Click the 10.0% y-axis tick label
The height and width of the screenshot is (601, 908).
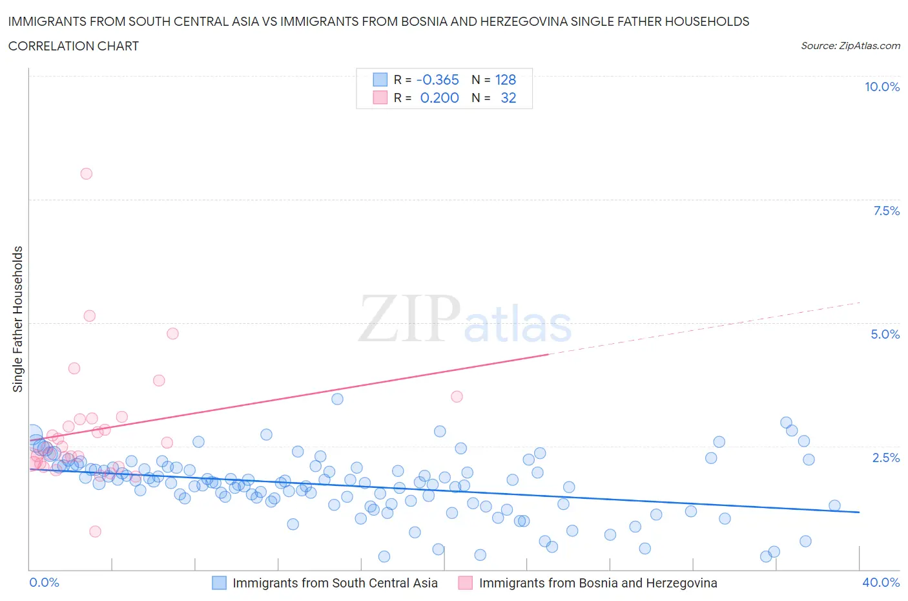[882, 87]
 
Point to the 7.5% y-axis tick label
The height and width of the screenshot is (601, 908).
[885, 211]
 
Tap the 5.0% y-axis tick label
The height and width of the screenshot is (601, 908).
[885, 334]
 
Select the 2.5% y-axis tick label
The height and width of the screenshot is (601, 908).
[885, 458]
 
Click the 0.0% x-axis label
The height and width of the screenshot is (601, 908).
[44, 582]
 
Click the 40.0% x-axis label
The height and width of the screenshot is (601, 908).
[881, 582]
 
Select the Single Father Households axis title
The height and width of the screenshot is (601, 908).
[18, 319]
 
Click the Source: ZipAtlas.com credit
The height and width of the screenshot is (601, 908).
[850, 46]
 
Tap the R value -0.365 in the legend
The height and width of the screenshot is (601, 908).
[437, 79]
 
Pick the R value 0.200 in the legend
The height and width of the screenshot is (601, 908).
[439, 98]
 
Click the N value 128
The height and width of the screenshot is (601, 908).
[505, 79]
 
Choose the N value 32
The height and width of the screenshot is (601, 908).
[508, 98]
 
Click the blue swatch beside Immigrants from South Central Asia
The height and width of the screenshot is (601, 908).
[220, 583]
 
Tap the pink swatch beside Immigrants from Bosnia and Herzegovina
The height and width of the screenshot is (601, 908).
[465, 583]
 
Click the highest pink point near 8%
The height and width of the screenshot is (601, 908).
[86, 174]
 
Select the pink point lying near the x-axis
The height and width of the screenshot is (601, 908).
[95, 531]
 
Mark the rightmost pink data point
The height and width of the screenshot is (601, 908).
[457, 397]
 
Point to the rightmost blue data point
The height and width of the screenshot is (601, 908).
[834, 506]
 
